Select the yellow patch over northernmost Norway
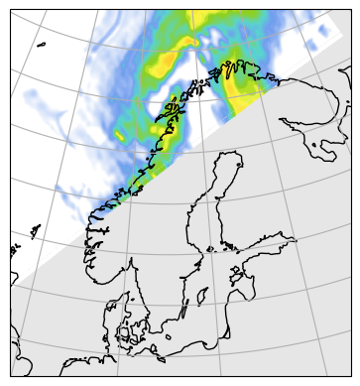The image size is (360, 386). [241, 87]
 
